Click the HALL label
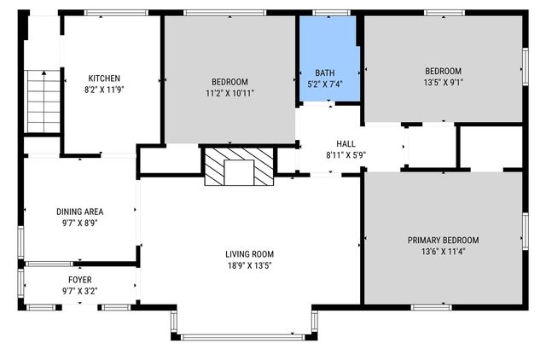click(346, 144)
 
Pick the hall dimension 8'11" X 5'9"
click(346, 155)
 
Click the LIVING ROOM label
click(250, 253)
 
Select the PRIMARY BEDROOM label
click(443, 240)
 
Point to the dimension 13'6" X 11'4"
click(443, 251)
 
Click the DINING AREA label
click(80, 212)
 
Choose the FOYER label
click(80, 280)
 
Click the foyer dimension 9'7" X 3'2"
click(80, 291)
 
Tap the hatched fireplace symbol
click(239, 166)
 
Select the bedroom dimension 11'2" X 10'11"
click(230, 93)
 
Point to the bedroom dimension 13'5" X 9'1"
click(444, 82)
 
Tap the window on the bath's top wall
click(325, 13)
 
